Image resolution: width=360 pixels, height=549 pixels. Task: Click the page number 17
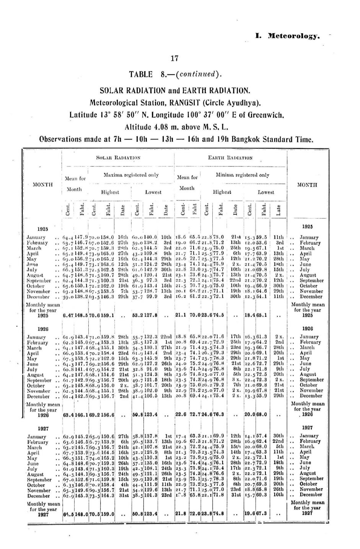[174, 58]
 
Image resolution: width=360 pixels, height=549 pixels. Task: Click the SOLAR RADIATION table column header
[118, 158]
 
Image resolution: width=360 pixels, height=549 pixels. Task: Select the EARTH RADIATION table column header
[230, 158]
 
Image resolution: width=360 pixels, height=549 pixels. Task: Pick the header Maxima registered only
[131, 175]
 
